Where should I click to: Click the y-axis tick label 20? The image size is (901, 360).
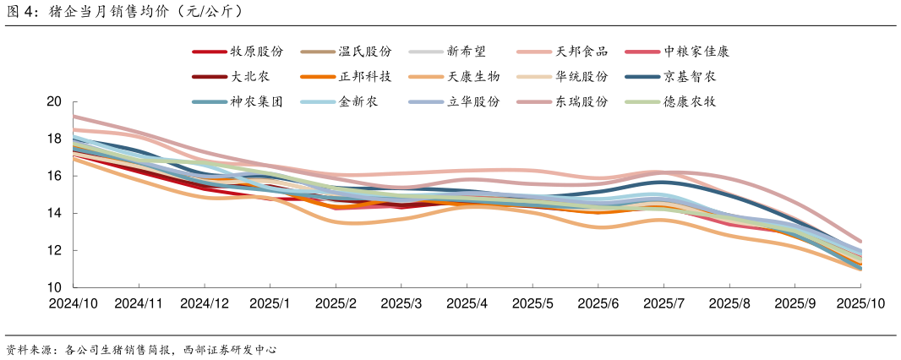tap(54, 101)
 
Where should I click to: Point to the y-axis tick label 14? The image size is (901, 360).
tap(54, 213)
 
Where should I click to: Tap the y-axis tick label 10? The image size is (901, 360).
tap(54, 287)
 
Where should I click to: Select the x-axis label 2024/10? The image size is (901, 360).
tap(74, 303)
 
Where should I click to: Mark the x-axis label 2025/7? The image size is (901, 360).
tap(663, 303)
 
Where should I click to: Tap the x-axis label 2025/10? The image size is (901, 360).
tap(860, 303)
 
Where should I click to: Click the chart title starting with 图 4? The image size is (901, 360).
tap(127, 11)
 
